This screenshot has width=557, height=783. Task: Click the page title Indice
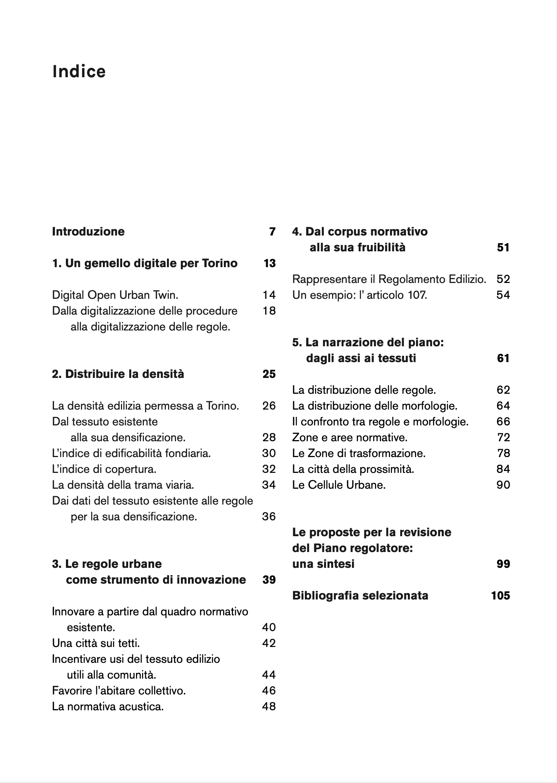pyautogui.click(x=79, y=72)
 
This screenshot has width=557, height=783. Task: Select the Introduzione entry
pyautogui.click(x=88, y=231)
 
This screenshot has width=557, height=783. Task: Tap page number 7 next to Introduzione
pyautogui.click(x=272, y=231)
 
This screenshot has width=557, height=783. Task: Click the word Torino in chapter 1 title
pyautogui.click(x=220, y=263)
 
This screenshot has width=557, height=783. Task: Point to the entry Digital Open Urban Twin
pyautogui.click(x=115, y=295)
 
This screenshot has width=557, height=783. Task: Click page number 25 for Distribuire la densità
pyautogui.click(x=269, y=374)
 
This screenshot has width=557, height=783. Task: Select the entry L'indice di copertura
pyautogui.click(x=104, y=469)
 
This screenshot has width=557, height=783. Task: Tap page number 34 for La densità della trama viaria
pyautogui.click(x=269, y=485)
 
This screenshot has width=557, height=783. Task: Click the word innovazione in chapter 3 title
pyautogui.click(x=211, y=580)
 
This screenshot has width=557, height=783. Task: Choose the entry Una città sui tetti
pyautogui.click(x=96, y=643)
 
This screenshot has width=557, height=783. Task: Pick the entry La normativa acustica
pyautogui.click(x=108, y=706)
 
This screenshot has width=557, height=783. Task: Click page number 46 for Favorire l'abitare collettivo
pyautogui.click(x=269, y=690)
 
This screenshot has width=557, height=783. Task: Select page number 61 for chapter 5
pyautogui.click(x=503, y=358)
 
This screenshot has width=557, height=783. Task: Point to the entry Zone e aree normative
pyautogui.click(x=350, y=437)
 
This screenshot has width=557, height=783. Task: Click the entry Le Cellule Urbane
pyautogui.click(x=339, y=485)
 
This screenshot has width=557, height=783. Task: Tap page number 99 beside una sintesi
pyautogui.click(x=503, y=564)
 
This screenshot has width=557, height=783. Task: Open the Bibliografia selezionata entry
pyautogui.click(x=360, y=595)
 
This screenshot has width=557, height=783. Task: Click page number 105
pyautogui.click(x=500, y=595)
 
